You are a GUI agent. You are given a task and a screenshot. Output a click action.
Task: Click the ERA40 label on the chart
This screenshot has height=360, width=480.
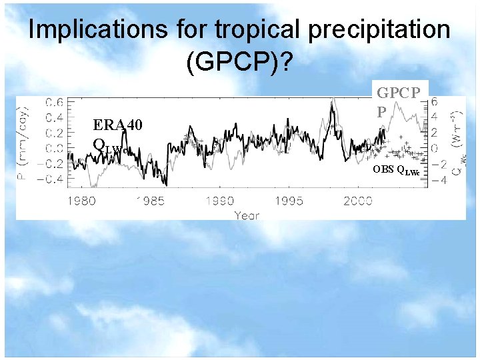point(117,124)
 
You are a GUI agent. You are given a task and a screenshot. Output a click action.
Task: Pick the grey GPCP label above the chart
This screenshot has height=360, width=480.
point(398,93)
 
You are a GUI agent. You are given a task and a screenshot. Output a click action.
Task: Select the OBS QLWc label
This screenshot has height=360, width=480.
point(396,170)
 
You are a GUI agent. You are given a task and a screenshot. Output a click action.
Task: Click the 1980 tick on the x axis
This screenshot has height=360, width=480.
point(81,201)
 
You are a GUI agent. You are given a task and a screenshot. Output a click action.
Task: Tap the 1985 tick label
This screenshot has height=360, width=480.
point(151,201)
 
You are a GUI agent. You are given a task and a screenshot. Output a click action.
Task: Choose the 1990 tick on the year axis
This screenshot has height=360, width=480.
point(220,201)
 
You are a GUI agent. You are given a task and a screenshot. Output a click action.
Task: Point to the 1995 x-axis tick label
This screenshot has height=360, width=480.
point(289,201)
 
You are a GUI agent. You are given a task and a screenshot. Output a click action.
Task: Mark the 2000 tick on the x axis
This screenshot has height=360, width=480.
point(359,201)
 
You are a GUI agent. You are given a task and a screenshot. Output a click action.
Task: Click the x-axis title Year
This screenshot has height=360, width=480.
point(247,215)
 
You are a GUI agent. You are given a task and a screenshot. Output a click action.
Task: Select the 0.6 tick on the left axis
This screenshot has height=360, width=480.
point(55,102)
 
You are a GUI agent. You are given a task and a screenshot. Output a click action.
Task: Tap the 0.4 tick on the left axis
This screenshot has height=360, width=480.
point(55,117)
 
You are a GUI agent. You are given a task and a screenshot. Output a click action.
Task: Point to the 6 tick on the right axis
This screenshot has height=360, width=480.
point(435,102)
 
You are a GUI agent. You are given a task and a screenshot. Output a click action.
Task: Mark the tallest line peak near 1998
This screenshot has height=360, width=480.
point(331,100)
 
